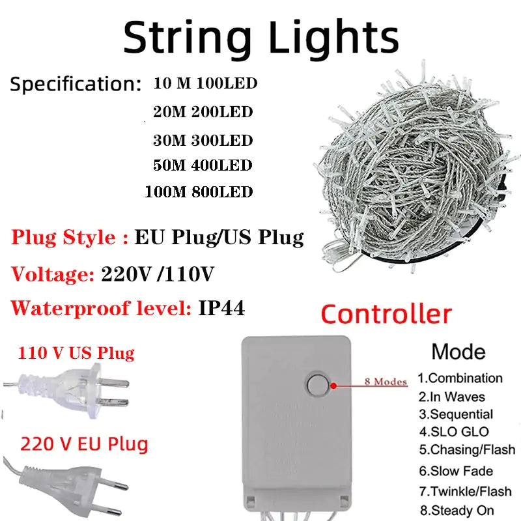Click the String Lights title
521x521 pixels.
point(260,37)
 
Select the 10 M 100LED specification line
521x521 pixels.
point(206,84)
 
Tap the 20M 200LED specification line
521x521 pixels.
point(203,112)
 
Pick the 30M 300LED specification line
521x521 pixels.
point(203,140)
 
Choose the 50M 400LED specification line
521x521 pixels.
point(203,165)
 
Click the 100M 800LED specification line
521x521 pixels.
point(199,192)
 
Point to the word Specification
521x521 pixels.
point(75,85)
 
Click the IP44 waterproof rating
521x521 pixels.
point(221,309)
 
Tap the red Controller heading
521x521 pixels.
point(386,315)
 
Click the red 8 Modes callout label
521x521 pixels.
point(386,382)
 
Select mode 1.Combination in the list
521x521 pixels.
point(460,378)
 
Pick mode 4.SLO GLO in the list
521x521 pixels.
point(454,432)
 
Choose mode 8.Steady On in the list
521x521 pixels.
point(456,511)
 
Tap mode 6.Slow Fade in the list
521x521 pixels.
point(455,471)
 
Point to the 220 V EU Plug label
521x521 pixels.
point(84,445)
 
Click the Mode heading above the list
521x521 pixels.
point(458,352)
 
